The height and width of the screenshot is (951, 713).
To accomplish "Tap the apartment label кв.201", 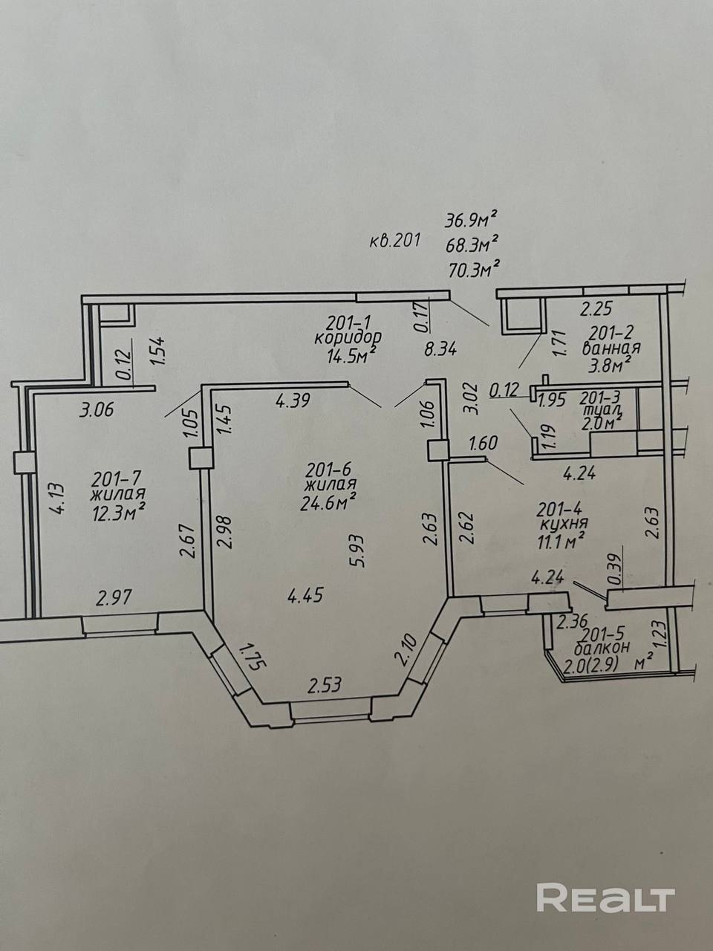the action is pyautogui.click(x=394, y=241).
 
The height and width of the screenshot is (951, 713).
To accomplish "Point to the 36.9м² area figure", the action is pyautogui.click(x=469, y=220).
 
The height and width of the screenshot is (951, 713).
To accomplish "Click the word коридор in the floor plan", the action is pyautogui.click(x=348, y=338).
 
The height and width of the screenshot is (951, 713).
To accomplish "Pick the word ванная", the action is pyautogui.click(x=611, y=348).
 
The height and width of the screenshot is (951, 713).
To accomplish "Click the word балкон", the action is pyautogui.click(x=602, y=649).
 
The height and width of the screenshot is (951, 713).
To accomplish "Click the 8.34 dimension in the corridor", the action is pyautogui.click(x=440, y=348).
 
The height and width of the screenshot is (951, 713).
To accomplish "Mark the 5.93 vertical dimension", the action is pyautogui.click(x=359, y=551).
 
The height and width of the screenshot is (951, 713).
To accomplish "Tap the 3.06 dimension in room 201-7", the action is pyautogui.click(x=97, y=409).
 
